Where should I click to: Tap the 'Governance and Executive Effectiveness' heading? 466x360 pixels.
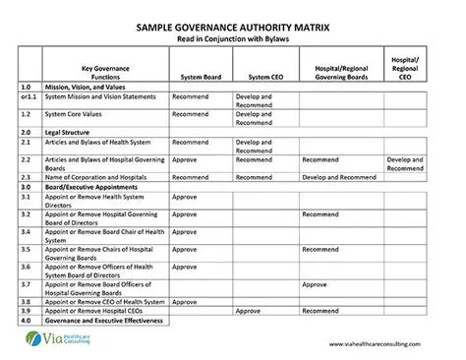[x=106, y=321]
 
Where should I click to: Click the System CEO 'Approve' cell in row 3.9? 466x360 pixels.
[x=249, y=311]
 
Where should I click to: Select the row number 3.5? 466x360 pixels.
[x=28, y=250]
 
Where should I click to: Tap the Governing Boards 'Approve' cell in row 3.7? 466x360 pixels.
[x=315, y=284]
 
